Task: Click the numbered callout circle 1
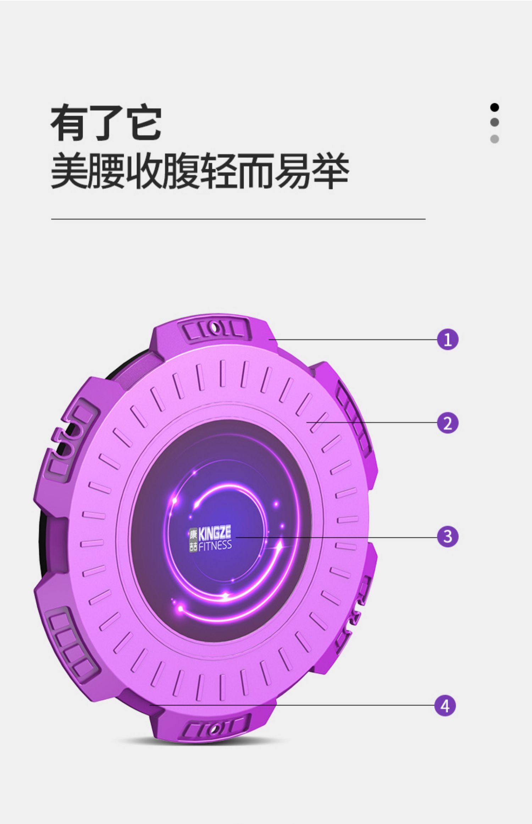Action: pos(448,339)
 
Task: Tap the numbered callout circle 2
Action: pos(448,423)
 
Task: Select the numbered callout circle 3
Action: pos(448,536)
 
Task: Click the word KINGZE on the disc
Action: pos(214,533)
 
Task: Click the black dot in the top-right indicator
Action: pos(494,107)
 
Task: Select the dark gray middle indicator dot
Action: pos(494,122)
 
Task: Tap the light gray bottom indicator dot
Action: pos(494,139)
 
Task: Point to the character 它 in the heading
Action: pos(143,123)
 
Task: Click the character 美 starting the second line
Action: pos(69,171)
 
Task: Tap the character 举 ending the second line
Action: pos(330,171)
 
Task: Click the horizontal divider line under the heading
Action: pos(238,219)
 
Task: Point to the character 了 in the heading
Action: pos(106,123)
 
